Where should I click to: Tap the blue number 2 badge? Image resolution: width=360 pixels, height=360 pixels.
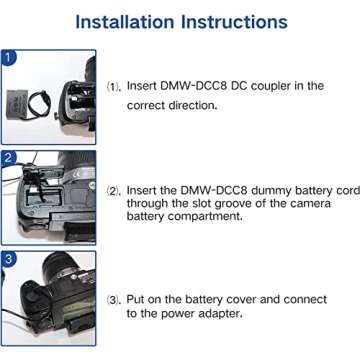point(9,158)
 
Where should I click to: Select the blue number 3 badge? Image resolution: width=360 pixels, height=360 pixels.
point(9,258)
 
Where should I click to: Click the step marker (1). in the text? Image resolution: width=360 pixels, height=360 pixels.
point(116,87)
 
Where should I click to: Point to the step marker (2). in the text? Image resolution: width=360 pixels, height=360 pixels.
point(116,187)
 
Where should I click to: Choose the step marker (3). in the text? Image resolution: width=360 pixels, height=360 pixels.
point(116,299)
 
